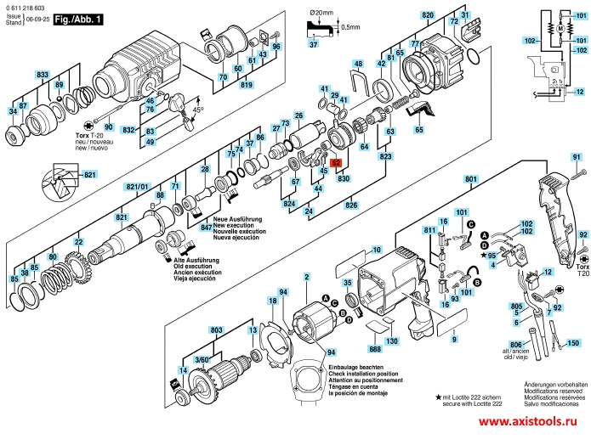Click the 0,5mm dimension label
[x=349, y=28]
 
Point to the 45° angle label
[x=199, y=110]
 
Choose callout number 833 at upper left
[x=42, y=75]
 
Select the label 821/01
[x=138, y=186]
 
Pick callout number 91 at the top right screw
[x=575, y=157]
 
